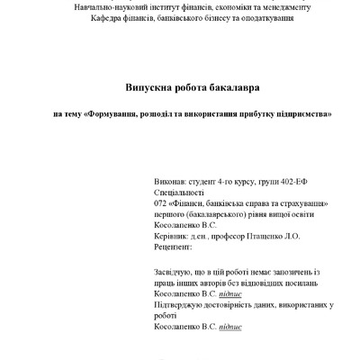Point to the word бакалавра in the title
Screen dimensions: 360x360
coord(212,86)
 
